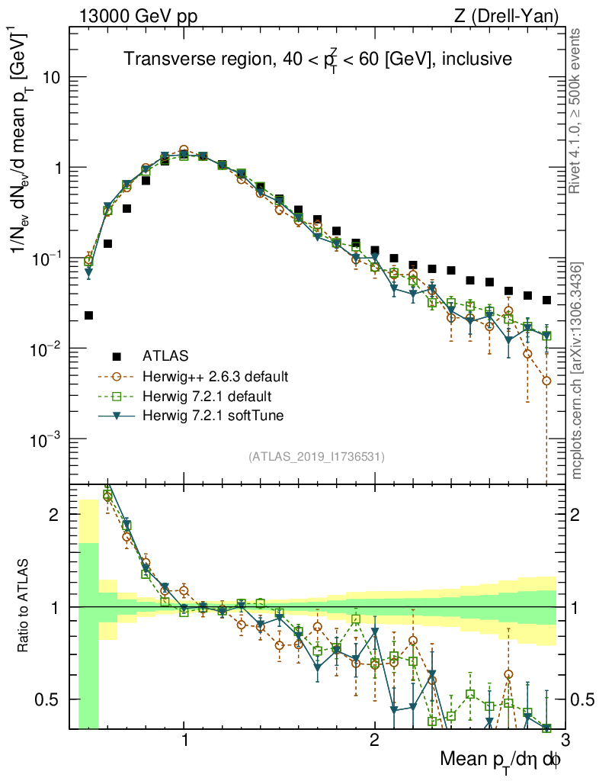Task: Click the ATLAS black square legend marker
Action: pyautogui.click(x=117, y=355)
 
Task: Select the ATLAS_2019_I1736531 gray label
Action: pyautogui.click(x=316, y=457)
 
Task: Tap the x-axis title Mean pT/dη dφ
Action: pyautogui.click(x=501, y=760)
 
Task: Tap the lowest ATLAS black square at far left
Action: pyautogui.click(x=88, y=315)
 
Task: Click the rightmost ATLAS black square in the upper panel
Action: pyautogui.click(x=546, y=300)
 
